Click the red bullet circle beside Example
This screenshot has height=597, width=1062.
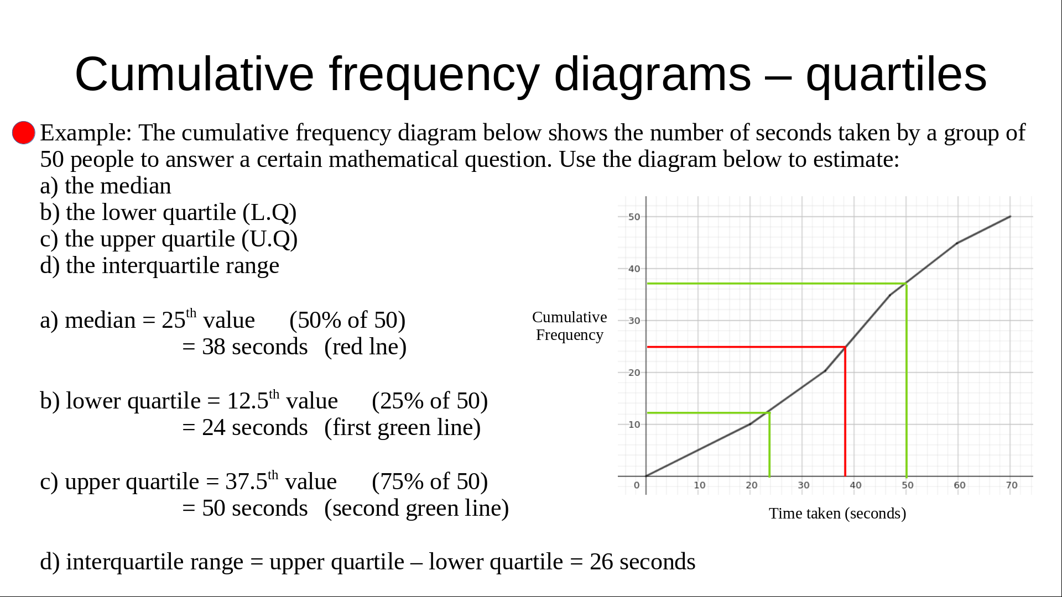[x=24, y=133]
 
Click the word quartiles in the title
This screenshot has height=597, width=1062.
[x=896, y=74]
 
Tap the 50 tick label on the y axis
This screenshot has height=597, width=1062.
[x=634, y=217]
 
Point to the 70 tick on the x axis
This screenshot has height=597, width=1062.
[x=1012, y=485]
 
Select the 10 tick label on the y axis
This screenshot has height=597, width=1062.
[x=634, y=425]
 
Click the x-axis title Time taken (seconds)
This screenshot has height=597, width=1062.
[x=837, y=514]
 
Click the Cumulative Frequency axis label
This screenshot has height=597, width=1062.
[x=569, y=326]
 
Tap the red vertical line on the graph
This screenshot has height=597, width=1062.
[x=845, y=411]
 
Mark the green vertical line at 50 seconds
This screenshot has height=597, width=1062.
[x=906, y=380]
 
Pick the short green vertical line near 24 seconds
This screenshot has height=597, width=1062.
[x=769, y=444]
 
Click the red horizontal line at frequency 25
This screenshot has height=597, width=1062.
[x=746, y=347]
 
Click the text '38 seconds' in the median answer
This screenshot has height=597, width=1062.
[x=255, y=347]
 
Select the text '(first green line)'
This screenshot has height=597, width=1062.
[x=403, y=427]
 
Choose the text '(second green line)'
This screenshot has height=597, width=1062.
[x=417, y=508]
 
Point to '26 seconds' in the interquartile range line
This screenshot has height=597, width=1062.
[x=642, y=562]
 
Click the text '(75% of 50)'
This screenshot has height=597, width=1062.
[x=430, y=481]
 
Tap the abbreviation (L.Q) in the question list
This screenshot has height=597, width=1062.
[x=269, y=213]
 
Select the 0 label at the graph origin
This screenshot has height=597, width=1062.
[x=637, y=485]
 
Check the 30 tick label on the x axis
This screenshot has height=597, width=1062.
[x=804, y=485]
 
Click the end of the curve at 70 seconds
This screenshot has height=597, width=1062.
[x=1011, y=217]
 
